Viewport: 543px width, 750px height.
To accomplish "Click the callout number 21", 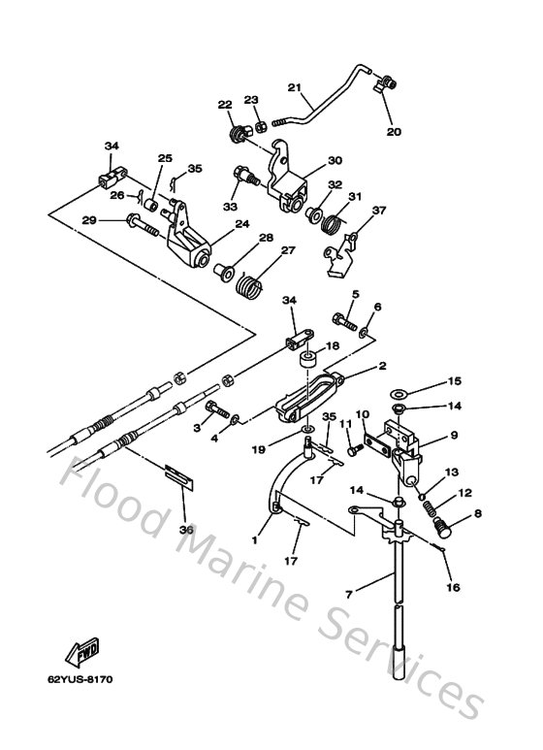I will point(295,87).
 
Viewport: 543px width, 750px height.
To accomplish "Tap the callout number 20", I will point(393,131).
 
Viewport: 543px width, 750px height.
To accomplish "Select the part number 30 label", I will point(335,161).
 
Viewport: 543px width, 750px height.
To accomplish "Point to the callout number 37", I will point(378,210).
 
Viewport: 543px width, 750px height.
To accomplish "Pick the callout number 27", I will point(287,250).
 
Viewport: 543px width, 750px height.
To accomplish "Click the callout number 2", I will point(382,367).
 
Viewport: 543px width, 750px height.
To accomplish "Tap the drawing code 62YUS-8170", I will point(84,679).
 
